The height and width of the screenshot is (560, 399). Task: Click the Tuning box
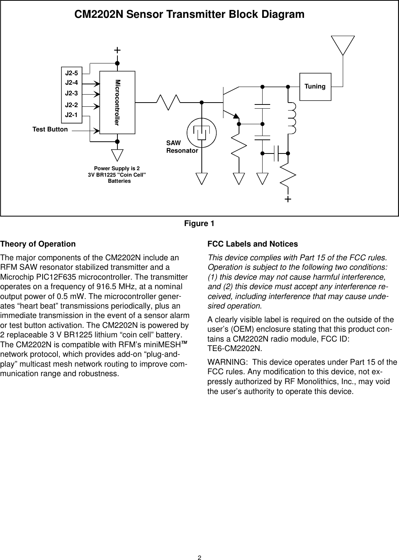pyautogui.click(x=315, y=87)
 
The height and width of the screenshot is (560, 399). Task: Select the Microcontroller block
pyautogui.click(x=117, y=102)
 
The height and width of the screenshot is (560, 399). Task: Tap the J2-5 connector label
pyautogui.click(x=71, y=73)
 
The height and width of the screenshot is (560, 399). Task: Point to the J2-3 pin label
pyautogui.click(x=71, y=93)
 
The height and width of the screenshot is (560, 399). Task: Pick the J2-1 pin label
pyautogui.click(x=71, y=114)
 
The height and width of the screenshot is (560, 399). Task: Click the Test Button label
pyautogui.click(x=50, y=129)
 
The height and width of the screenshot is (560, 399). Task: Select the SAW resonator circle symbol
pyautogui.click(x=202, y=133)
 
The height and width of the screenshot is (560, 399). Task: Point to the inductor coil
pyautogui.click(x=293, y=118)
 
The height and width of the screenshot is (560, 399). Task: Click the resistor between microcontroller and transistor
pyautogui.click(x=169, y=102)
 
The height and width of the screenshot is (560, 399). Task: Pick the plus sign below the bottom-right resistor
pyautogui.click(x=288, y=199)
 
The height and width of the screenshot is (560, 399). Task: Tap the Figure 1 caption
pyautogui.click(x=199, y=223)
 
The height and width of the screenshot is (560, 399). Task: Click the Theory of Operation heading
pyautogui.click(x=38, y=244)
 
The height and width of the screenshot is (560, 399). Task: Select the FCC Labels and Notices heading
pyautogui.click(x=252, y=244)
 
